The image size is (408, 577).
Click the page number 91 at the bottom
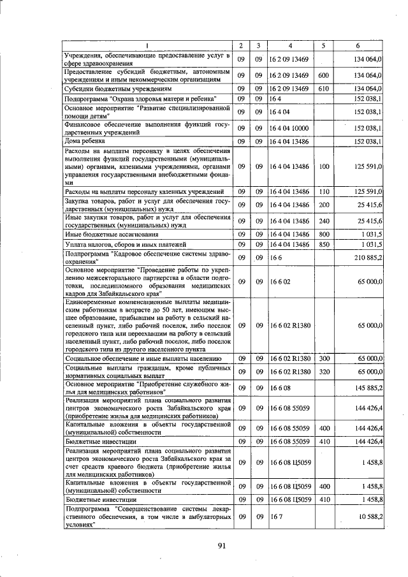click(x=221, y=545)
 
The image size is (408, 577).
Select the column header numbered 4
click(x=289, y=46)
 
